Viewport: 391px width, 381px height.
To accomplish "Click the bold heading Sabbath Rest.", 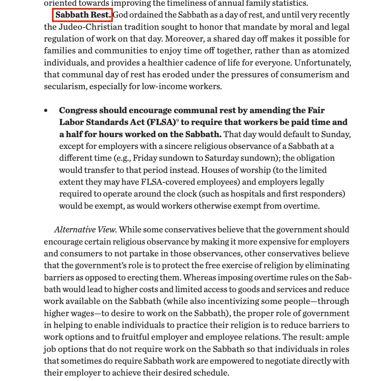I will tap(83, 15).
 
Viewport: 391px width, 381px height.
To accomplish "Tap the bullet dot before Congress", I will tap(46, 111).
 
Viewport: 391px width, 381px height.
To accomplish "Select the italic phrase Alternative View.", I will tap(85, 230).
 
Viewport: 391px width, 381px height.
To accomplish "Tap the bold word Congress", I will tap(78, 111).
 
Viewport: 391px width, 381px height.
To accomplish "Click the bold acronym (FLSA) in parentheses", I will tap(159, 123).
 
